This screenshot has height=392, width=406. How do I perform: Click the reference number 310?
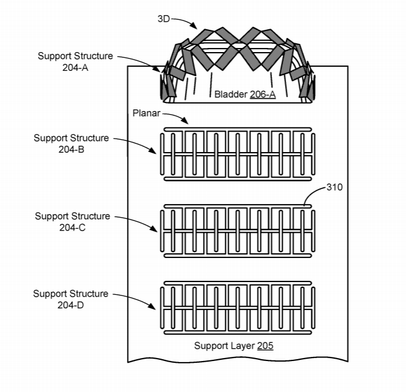[x=335, y=187]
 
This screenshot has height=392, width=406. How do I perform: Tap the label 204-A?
[x=75, y=68]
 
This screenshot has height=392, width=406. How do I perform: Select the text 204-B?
[x=71, y=149]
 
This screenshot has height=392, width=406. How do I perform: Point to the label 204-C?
[x=72, y=228]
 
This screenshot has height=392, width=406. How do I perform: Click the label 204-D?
[x=70, y=305]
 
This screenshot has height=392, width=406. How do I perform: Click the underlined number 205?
[x=265, y=346]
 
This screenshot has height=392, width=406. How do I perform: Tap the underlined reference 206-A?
[x=263, y=94]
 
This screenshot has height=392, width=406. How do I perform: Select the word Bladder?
[x=231, y=94]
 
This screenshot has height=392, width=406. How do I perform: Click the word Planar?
[x=146, y=113]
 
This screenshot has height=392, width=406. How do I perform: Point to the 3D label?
[x=164, y=19]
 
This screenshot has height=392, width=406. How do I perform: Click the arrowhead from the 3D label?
[x=194, y=25]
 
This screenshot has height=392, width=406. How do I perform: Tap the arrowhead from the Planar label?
[x=185, y=120]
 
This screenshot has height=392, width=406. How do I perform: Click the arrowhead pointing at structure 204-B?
[x=153, y=151]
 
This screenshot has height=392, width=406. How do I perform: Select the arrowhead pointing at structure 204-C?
[x=153, y=228]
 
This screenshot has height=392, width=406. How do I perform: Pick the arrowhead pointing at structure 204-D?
[x=152, y=306]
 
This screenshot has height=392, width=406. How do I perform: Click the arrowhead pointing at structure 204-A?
[x=157, y=68]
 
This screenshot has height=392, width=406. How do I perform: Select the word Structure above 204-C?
[x=91, y=216]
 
